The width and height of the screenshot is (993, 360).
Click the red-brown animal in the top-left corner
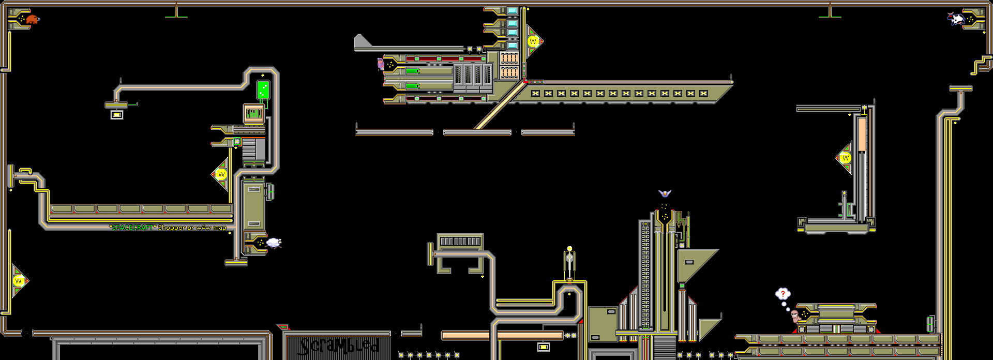click(x=33, y=20)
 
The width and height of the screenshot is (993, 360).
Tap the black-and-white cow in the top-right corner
click(x=956, y=19)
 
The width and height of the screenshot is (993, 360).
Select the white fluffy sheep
click(x=274, y=243)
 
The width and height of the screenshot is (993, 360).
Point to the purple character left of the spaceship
click(x=381, y=64)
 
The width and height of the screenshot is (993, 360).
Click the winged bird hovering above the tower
click(x=665, y=193)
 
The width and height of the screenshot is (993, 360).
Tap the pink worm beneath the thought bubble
click(x=795, y=316)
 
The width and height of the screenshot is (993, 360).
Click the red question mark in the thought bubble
click(x=783, y=294)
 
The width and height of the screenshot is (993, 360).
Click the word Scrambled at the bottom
click(x=339, y=346)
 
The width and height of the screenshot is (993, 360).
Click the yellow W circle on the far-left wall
click(x=19, y=281)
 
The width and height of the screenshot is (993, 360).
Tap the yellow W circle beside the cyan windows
click(x=533, y=41)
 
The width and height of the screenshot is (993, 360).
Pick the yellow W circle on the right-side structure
click(x=846, y=158)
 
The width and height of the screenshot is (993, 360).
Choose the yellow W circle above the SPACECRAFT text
click(x=221, y=174)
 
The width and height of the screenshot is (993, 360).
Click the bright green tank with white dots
click(x=263, y=89)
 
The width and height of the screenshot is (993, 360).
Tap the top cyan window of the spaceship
click(x=512, y=11)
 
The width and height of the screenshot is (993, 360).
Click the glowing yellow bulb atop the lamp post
click(x=569, y=249)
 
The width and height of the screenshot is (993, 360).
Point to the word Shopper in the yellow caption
click(x=171, y=228)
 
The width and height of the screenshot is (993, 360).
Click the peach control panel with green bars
click(x=254, y=113)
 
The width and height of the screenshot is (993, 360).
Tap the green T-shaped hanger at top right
click(x=830, y=15)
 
